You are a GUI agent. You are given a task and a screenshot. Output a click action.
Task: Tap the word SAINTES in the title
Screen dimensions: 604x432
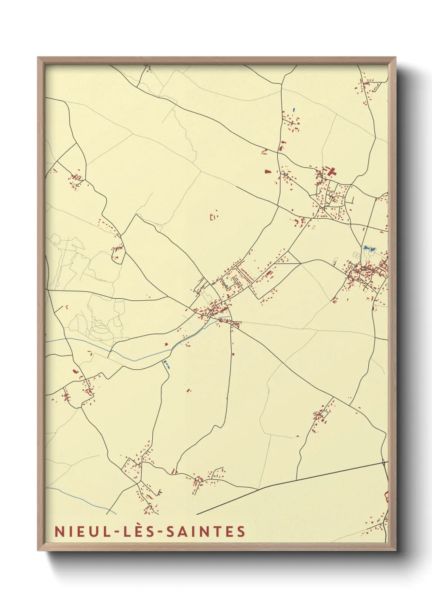pos(205,531)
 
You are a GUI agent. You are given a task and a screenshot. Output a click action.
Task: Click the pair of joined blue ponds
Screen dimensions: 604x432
pos(369,248)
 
